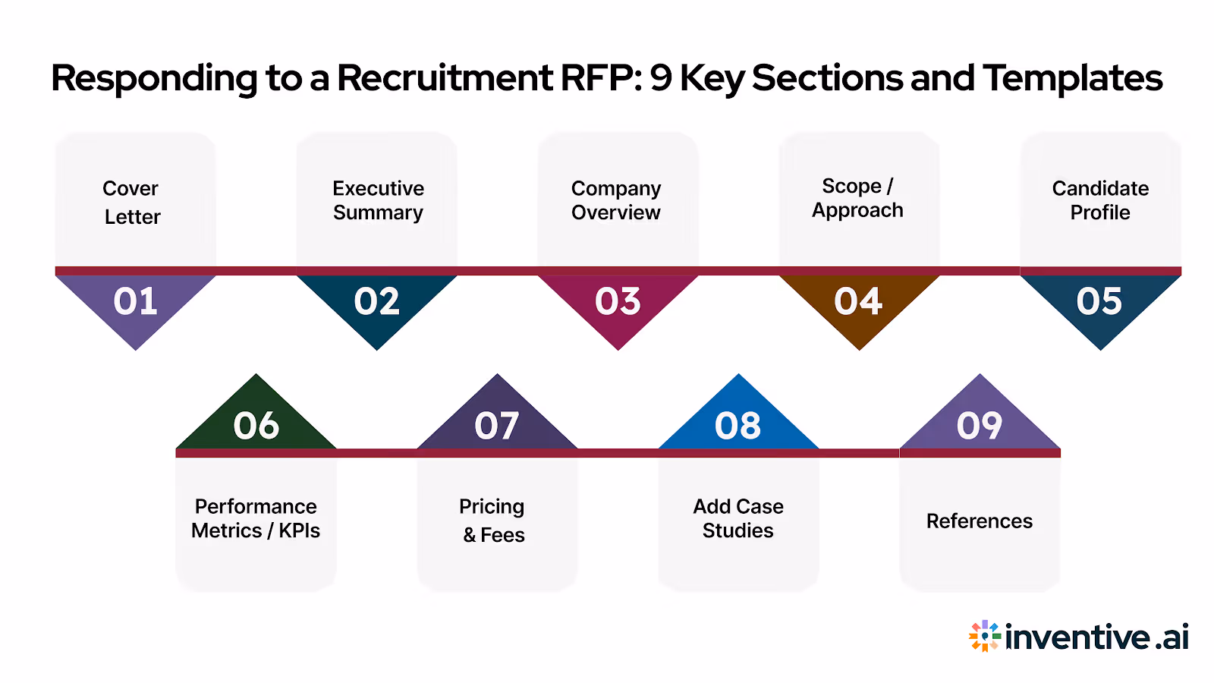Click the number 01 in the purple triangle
click(x=135, y=302)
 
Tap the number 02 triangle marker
click(x=376, y=302)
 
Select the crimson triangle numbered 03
click(x=618, y=302)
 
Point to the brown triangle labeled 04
click(x=858, y=302)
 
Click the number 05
click(x=1099, y=302)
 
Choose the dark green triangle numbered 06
click(x=256, y=425)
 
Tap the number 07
click(x=497, y=425)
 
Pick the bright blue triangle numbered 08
click(x=738, y=425)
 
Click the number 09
click(x=980, y=425)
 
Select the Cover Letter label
click(x=132, y=202)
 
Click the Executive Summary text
click(x=378, y=200)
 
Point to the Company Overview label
click(x=616, y=200)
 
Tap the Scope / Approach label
click(x=857, y=198)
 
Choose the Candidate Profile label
click(x=1100, y=200)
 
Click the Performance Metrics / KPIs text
click(x=256, y=518)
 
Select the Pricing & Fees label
click(x=493, y=521)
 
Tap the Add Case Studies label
click(x=738, y=518)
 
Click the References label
click(x=980, y=521)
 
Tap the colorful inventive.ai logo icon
click(x=985, y=636)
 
